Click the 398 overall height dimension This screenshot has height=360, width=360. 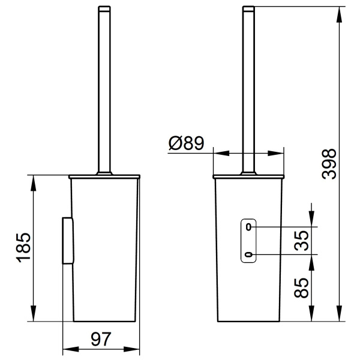coord(329,164)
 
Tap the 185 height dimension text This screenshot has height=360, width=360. coord(23,248)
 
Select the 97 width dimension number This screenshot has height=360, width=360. coord(101,339)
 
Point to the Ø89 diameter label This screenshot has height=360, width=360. coord(186,143)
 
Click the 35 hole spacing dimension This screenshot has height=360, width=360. coord(302,241)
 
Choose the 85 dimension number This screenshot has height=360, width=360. coord(301,288)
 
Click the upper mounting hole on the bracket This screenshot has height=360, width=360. coord(248,227)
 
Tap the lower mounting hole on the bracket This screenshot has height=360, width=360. coord(249,254)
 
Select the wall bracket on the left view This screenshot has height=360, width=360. coord(68,241)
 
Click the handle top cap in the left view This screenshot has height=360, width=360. coord(104,9)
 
